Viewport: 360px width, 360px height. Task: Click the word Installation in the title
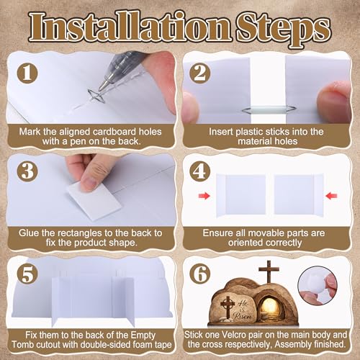(130, 27)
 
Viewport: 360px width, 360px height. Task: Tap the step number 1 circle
(27, 73)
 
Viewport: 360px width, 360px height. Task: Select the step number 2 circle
(200, 73)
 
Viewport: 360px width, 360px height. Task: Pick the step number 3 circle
(27, 171)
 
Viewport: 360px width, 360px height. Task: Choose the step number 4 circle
(199, 171)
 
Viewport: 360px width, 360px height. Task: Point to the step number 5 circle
(27, 274)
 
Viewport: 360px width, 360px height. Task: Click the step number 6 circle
(199, 274)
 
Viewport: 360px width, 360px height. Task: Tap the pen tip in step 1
(101, 89)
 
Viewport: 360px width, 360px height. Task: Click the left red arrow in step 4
(204, 196)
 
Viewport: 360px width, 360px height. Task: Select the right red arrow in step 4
(331, 196)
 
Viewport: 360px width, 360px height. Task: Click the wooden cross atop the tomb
(269, 271)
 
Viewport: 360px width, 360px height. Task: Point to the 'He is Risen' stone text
(243, 310)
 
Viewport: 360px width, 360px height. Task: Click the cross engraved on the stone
(226, 306)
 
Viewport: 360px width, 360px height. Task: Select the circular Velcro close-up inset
(318, 285)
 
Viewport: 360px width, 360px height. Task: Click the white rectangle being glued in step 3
(94, 200)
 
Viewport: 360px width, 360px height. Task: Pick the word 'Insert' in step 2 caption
(220, 132)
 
